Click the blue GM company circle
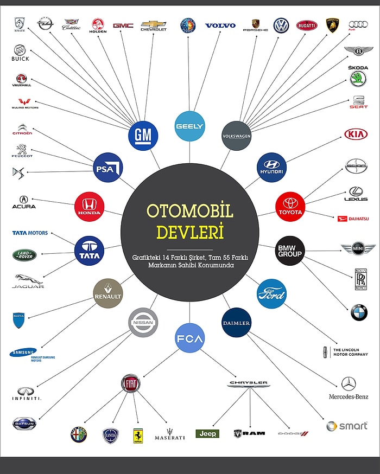click(143, 136)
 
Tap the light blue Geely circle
click(189, 126)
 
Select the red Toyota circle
click(290, 206)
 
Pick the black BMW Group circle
click(289, 251)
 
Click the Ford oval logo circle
click(271, 294)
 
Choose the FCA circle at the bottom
click(189, 339)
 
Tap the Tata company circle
click(89, 251)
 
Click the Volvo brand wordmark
click(220, 25)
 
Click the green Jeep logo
click(207, 434)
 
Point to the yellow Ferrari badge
click(138, 435)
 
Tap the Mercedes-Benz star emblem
click(349, 385)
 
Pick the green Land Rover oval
click(24, 254)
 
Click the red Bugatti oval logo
click(307, 25)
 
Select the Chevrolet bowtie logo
click(154, 24)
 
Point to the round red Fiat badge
click(130, 383)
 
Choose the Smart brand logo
click(347, 426)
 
